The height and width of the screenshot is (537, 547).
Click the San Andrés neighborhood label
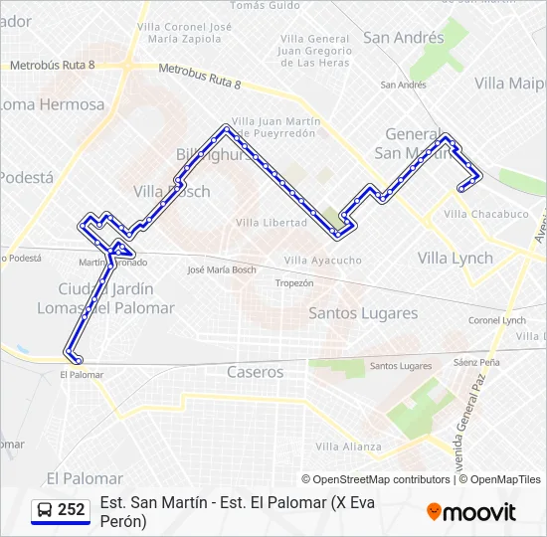coord(403,38)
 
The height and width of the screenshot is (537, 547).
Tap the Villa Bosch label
coord(172,191)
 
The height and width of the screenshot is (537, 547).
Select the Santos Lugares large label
coord(363,313)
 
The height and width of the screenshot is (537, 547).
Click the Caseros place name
coord(255,372)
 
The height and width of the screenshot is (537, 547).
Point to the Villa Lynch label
coord(455,259)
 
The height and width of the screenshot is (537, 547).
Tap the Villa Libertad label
coord(271,223)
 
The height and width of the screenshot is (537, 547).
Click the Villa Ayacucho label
coord(323,261)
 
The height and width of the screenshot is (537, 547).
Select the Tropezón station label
coord(294,283)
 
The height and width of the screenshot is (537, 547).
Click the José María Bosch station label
coord(222,269)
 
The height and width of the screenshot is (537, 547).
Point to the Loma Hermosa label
coord(52,104)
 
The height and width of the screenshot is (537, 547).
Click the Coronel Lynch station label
coord(497,320)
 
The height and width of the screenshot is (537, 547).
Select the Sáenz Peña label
coord(476,363)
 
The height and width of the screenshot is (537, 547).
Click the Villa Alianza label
coord(348,447)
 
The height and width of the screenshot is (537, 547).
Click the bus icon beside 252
coord(45,510)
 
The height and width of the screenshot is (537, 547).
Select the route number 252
coord(72,510)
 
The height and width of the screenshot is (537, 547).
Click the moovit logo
coord(471,512)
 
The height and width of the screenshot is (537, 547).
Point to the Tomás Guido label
coord(265,5)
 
